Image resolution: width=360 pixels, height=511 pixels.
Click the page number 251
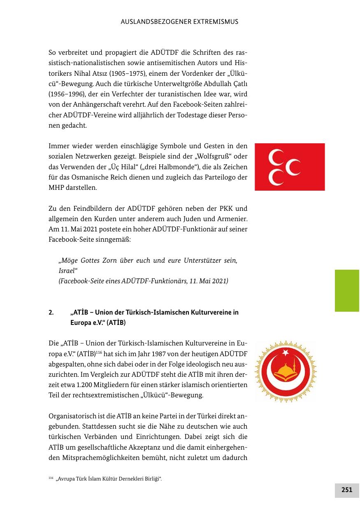[x=346, y=490]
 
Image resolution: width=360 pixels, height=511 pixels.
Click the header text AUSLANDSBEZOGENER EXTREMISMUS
[x=179, y=21]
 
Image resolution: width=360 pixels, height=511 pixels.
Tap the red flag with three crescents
[x=290, y=167]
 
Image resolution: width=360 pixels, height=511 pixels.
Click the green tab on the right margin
[x=347, y=291]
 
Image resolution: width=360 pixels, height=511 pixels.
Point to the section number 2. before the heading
[x=51, y=313]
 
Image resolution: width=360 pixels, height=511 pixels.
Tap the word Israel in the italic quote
[x=68, y=271]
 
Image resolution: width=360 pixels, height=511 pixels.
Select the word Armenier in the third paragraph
[x=232, y=219]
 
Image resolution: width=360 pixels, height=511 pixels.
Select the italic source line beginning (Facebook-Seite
[x=143, y=281]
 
